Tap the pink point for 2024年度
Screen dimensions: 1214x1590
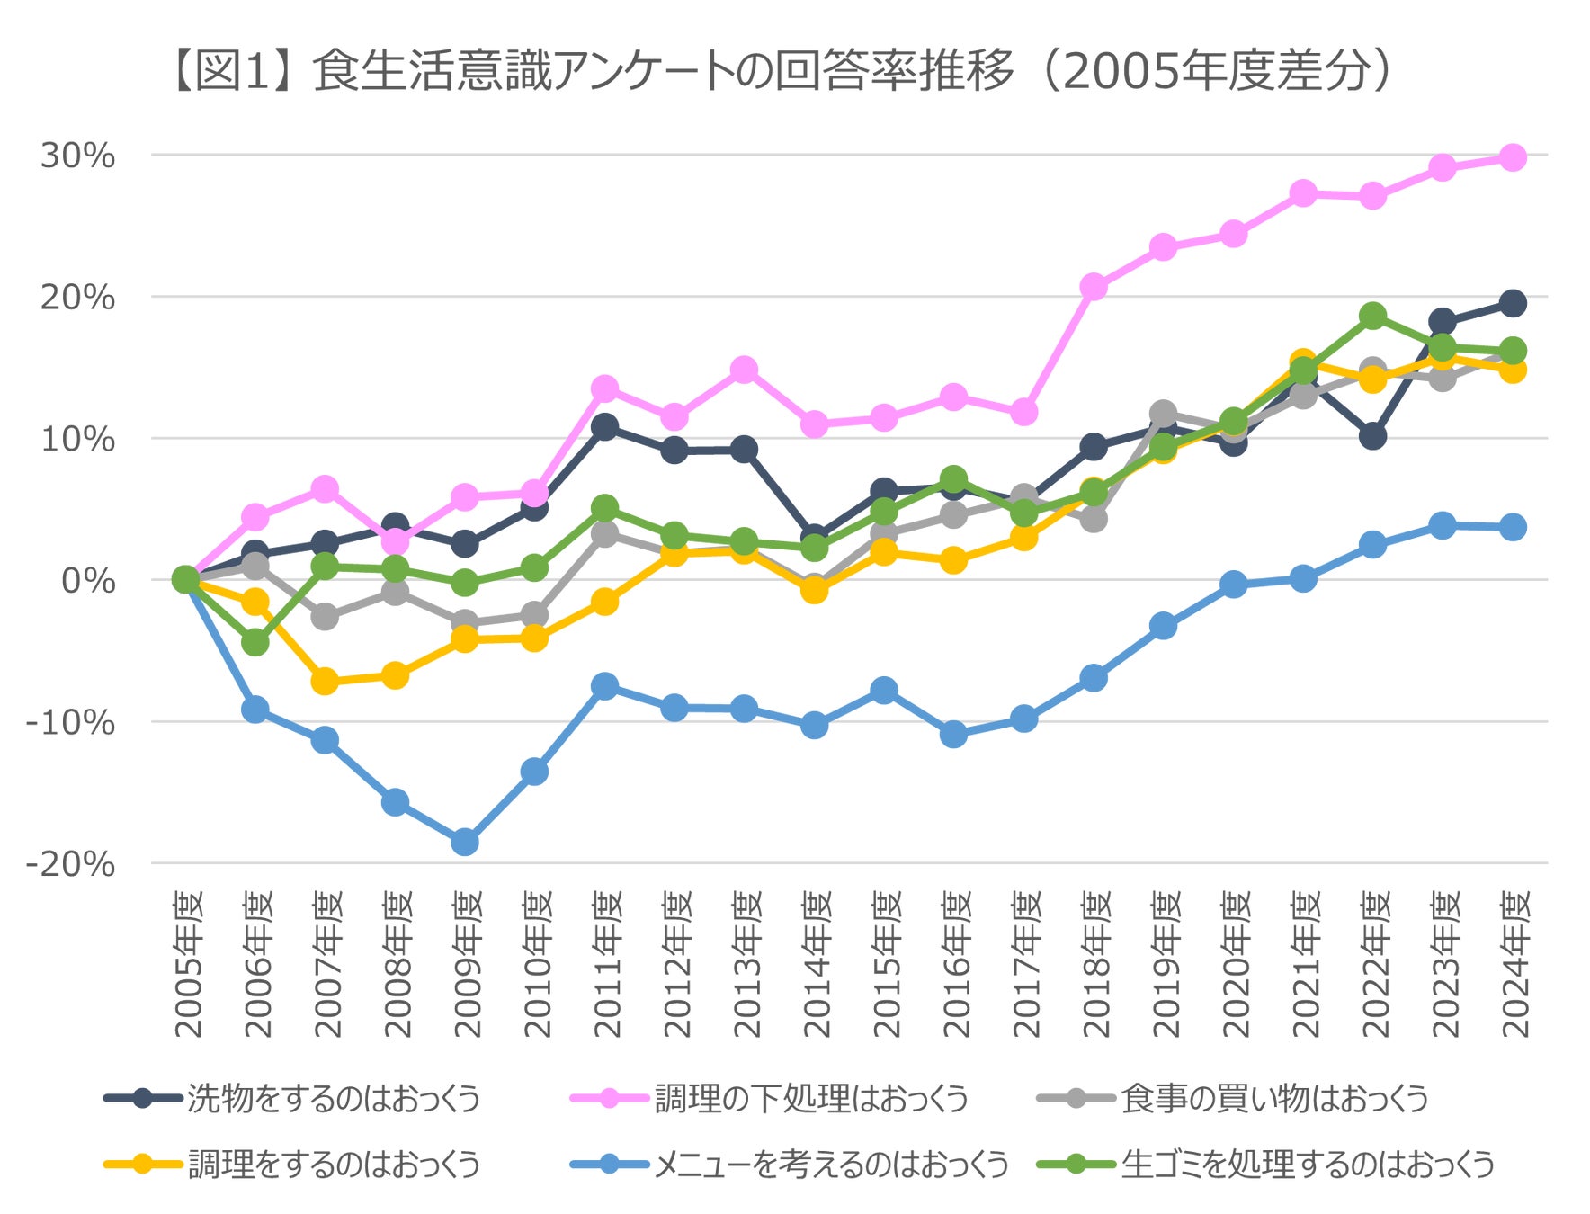pos(1513,158)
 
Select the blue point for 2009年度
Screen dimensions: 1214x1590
pos(465,843)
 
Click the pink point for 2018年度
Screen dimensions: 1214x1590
pos(1094,287)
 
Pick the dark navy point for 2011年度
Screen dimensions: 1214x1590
pos(605,426)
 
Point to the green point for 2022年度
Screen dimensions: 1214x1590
pos(1372,316)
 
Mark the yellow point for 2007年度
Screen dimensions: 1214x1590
pos(325,682)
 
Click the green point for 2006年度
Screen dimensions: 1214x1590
pos(255,642)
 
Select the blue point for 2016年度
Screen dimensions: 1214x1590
pos(954,734)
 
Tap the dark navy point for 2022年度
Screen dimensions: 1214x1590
pos(1372,436)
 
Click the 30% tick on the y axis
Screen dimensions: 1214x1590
pos(77,156)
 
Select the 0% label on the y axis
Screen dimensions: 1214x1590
pos(88,581)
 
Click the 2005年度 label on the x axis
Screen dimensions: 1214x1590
pos(188,964)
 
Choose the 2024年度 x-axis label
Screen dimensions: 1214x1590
pos(1514,964)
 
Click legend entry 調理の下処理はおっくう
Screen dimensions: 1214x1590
pos(810,1099)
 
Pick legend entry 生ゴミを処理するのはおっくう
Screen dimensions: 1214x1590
pos(1307,1165)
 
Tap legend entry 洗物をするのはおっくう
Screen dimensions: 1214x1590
pos(334,1099)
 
